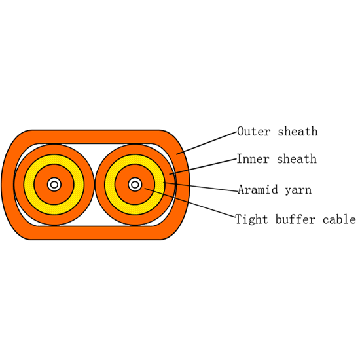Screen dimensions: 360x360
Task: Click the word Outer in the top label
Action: (254, 132)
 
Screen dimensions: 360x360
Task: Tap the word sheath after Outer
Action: (298, 132)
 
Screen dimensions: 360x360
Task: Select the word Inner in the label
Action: (253, 159)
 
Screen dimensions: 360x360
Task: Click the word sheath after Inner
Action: (297, 159)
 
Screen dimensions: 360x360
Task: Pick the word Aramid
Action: (258, 190)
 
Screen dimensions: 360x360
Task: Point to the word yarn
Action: (298, 190)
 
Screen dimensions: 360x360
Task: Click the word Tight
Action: (251, 219)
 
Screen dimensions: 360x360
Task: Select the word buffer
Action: (295, 219)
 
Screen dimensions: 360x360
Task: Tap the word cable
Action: (339, 219)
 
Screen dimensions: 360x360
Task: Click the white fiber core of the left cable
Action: (54, 185)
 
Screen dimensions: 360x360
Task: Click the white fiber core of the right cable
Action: (135, 185)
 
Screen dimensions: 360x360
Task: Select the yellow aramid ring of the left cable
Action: (54, 159)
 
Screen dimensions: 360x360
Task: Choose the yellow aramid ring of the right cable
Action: (135, 159)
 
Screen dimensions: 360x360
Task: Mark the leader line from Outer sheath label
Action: (206, 143)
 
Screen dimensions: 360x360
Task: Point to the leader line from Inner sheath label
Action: (203, 166)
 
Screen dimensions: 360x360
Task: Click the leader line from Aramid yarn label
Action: (200, 187)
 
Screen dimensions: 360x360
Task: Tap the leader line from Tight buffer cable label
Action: (190, 203)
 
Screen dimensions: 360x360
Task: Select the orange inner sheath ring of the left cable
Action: (54, 149)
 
